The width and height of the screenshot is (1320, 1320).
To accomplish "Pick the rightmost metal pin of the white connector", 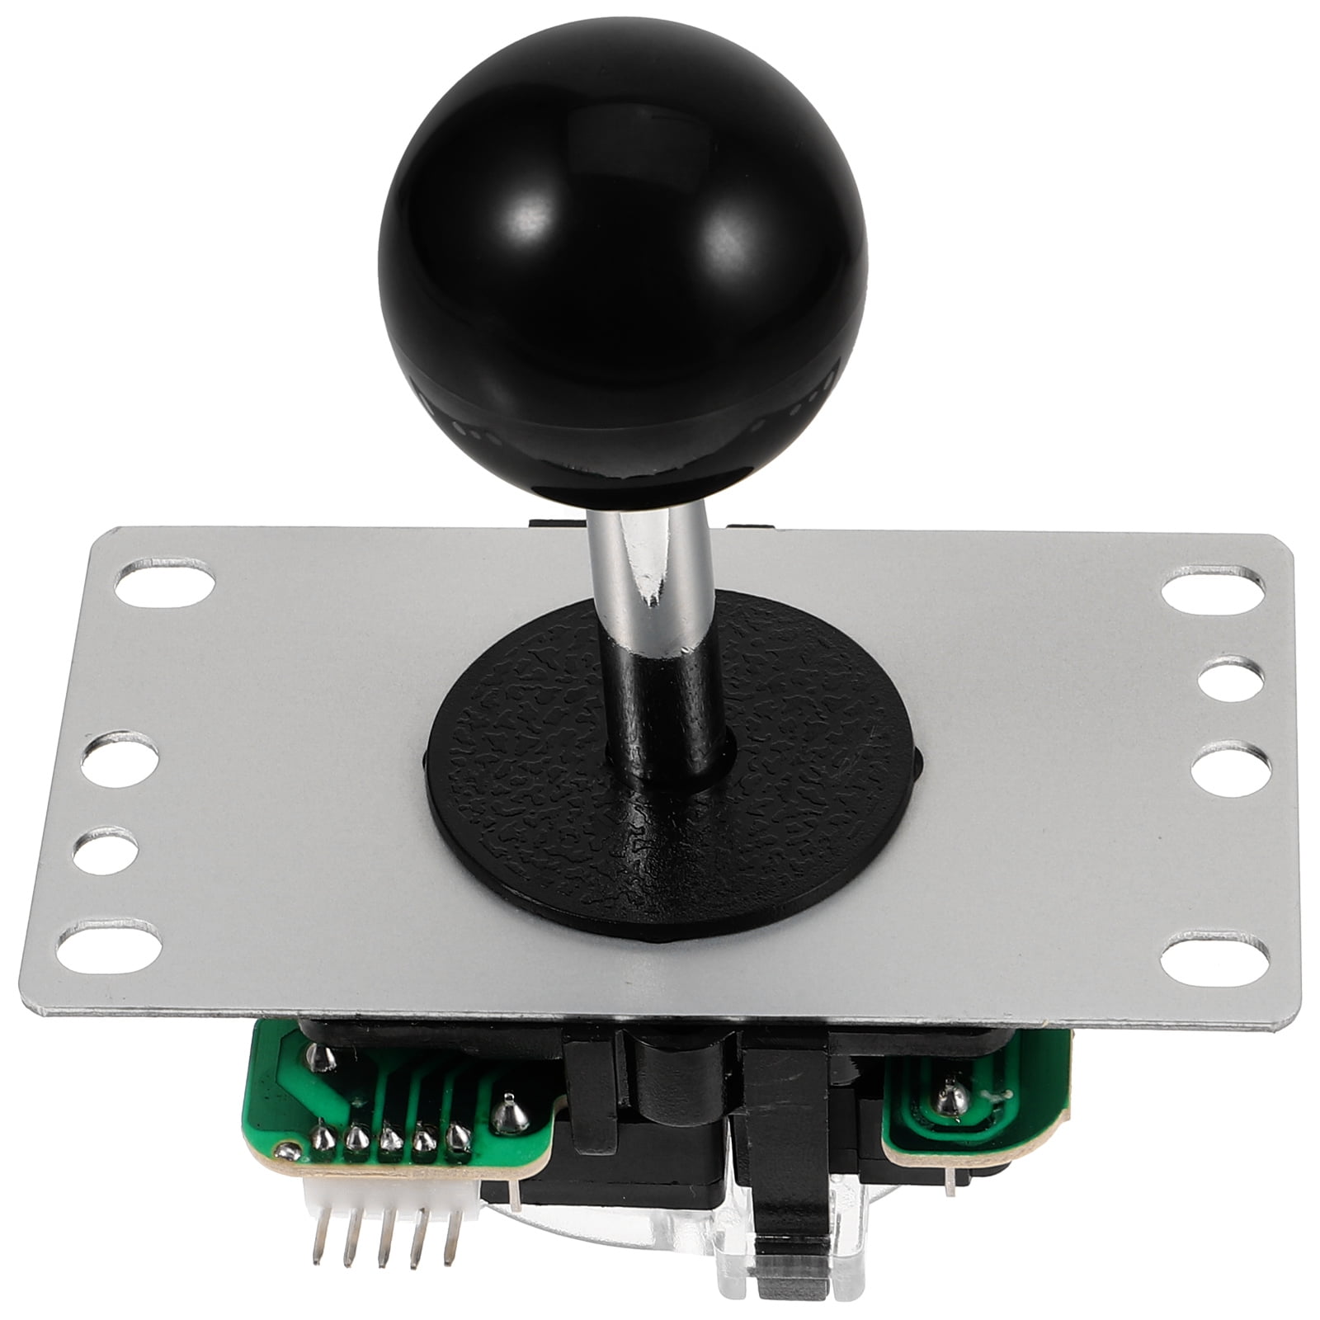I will click(x=449, y=1237).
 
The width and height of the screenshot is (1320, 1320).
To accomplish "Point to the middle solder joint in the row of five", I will click(x=389, y=1142).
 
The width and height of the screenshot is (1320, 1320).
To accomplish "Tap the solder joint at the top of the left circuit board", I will click(x=319, y=1055).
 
